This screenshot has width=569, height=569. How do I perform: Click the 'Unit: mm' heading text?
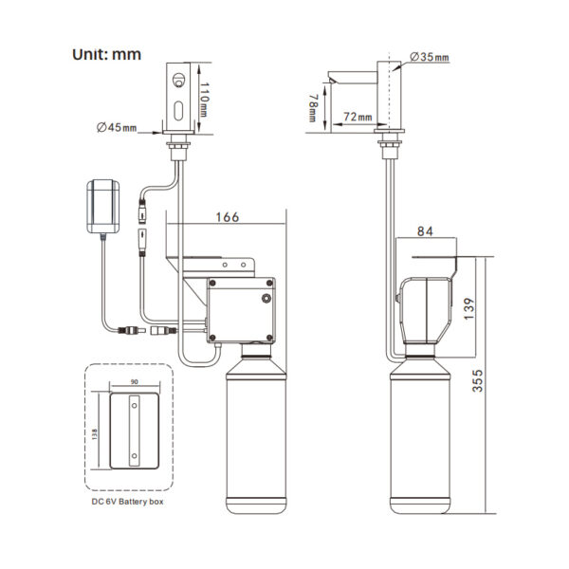click(106, 54)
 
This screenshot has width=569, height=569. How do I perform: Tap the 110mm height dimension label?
click(204, 100)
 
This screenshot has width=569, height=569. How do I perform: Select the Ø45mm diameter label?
click(117, 127)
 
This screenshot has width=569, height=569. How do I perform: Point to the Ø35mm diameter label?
click(430, 57)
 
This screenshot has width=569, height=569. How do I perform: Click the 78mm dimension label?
click(312, 108)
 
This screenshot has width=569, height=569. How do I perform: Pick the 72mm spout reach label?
click(358, 117)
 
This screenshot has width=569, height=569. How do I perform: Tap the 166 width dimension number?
click(228, 217)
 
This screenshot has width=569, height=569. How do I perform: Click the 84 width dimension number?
click(425, 231)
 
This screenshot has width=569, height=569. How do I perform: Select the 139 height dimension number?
click(468, 309)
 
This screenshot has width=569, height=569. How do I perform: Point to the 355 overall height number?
click(478, 380)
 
